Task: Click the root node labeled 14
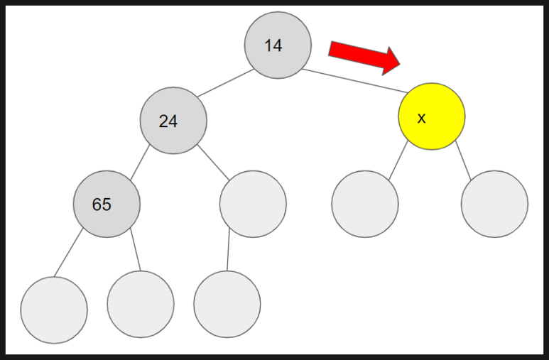click(x=278, y=45)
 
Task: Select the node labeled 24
click(x=173, y=121)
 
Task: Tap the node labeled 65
click(x=107, y=204)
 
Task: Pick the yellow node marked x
click(x=431, y=116)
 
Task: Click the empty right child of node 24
click(x=253, y=204)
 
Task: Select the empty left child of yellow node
click(x=365, y=204)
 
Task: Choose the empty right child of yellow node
click(x=494, y=204)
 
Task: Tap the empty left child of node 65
click(x=54, y=310)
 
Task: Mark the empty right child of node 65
click(x=141, y=304)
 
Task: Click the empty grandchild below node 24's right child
click(x=227, y=304)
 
